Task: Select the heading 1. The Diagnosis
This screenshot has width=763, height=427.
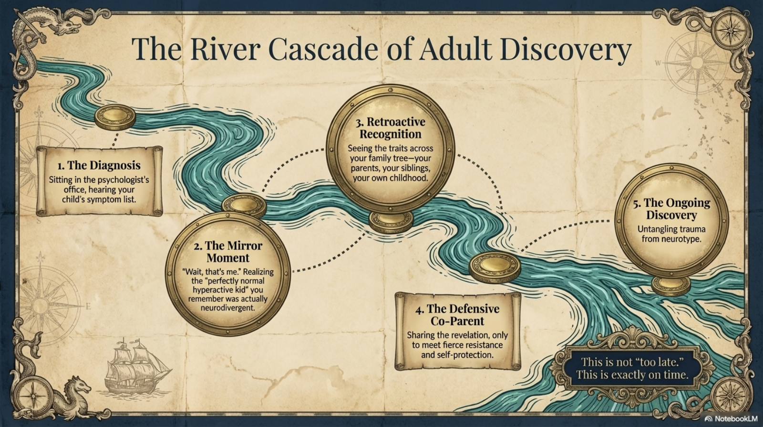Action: click(x=99, y=165)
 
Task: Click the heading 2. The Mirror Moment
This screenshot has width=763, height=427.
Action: click(x=228, y=252)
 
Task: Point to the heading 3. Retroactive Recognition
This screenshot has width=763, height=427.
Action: click(x=391, y=128)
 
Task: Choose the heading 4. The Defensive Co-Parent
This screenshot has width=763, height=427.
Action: click(x=457, y=315)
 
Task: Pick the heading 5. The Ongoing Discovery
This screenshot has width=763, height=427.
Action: click(x=671, y=209)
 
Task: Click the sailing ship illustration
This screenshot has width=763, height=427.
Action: click(x=135, y=365)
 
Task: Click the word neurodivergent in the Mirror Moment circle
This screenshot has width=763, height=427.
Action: click(x=228, y=308)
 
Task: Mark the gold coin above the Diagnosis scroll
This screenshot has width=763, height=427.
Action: click(x=115, y=117)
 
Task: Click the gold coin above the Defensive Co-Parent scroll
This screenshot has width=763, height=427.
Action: click(x=494, y=267)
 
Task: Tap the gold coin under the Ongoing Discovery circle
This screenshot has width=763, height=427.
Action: click(x=671, y=285)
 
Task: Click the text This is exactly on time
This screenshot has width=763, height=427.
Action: click(x=632, y=374)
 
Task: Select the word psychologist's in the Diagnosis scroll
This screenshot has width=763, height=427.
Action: click(x=125, y=180)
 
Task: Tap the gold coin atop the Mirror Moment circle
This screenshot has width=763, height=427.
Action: click(x=244, y=205)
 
